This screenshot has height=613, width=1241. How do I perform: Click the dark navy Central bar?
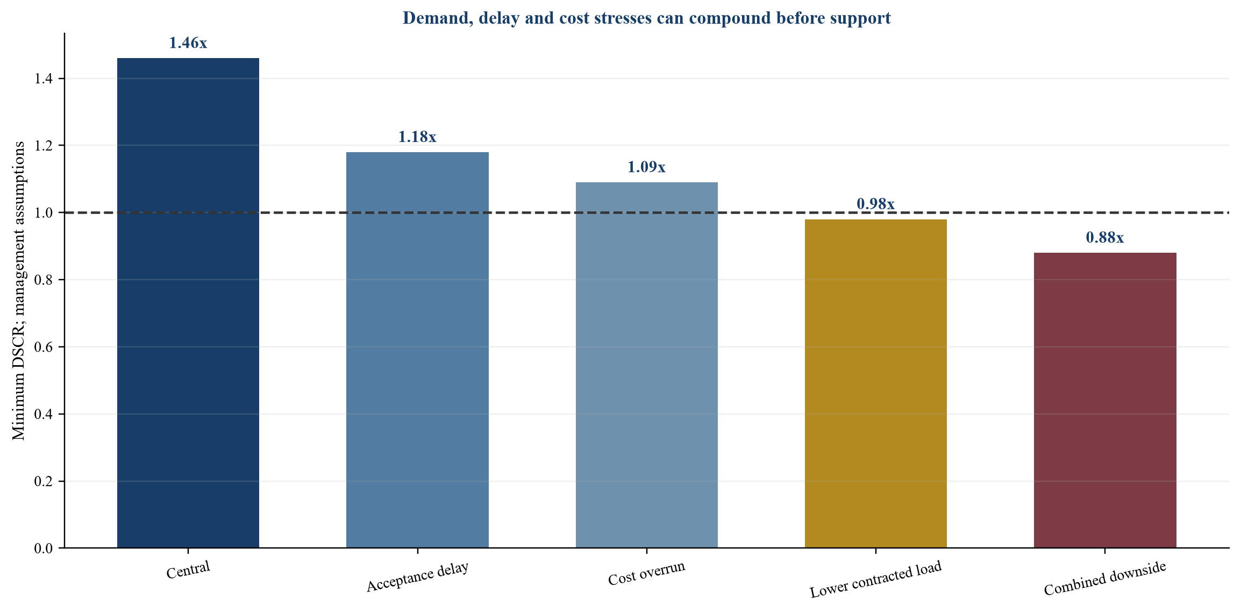pyautogui.click(x=188, y=303)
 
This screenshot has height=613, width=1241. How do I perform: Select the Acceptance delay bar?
pyautogui.click(x=417, y=350)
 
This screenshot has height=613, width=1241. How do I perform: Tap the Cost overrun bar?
pyautogui.click(x=647, y=365)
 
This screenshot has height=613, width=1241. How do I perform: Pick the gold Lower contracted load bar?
pyautogui.click(x=876, y=383)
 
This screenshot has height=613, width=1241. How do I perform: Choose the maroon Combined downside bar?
pyautogui.click(x=1105, y=400)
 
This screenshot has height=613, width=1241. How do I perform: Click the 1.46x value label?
pyautogui.click(x=188, y=43)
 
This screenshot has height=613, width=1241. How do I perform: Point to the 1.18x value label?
pyautogui.click(x=417, y=137)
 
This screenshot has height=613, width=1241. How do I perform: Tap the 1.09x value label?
pyautogui.click(x=647, y=167)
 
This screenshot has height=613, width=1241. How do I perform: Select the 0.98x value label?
pyautogui.click(x=876, y=204)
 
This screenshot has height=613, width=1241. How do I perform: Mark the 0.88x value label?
pyautogui.click(x=1105, y=238)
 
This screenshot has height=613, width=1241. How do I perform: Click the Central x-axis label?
pyautogui.click(x=188, y=570)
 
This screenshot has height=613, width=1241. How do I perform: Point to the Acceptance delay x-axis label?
pyautogui.click(x=417, y=577)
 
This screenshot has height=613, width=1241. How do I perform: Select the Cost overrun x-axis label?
pyautogui.click(x=647, y=573)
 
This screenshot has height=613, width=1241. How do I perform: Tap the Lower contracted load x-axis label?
pyautogui.click(x=876, y=580)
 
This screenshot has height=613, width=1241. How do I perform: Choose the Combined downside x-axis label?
pyautogui.click(x=1105, y=579)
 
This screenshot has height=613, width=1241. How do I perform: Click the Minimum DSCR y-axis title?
pyautogui.click(x=18, y=290)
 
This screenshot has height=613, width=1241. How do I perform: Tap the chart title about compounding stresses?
pyautogui.click(x=647, y=18)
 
